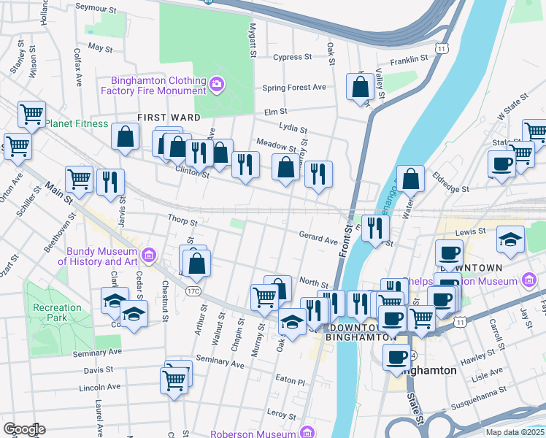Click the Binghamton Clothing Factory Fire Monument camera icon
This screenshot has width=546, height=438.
217,85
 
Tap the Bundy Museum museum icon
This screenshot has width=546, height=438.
150,255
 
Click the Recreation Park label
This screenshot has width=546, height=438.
57,313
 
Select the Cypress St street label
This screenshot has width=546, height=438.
292,57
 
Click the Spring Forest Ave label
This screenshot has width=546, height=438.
294,88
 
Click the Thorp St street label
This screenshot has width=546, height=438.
182,219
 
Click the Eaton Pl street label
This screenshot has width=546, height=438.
291,380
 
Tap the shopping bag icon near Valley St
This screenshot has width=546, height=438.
361,88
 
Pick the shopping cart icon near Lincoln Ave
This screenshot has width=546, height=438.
174,380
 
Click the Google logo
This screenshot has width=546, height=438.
24,429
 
